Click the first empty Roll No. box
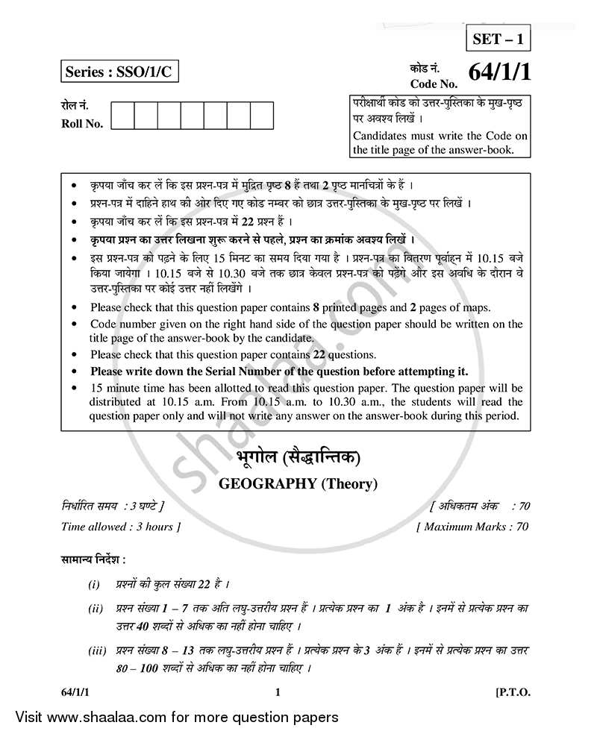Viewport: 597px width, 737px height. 123,117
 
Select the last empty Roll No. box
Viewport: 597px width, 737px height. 262,117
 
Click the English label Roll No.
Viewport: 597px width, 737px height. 82,125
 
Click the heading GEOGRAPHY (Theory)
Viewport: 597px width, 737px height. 298,483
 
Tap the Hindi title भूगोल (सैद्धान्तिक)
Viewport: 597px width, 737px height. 298,457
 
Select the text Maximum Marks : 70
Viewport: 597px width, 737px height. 473,527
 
